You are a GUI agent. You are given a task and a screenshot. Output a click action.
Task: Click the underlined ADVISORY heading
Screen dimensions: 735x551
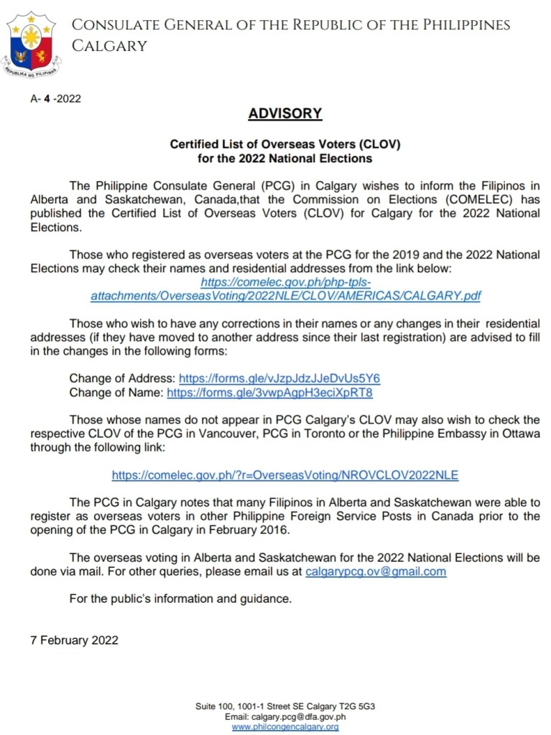[285, 113]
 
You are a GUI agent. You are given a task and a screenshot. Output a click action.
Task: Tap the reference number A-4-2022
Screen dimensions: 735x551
[55, 99]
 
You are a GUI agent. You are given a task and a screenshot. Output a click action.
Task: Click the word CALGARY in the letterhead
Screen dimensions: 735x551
[109, 46]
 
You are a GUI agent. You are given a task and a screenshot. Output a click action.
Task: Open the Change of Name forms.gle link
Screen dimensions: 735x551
[269, 393]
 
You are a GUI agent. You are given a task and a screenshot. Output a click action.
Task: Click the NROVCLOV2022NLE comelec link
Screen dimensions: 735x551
[284, 475]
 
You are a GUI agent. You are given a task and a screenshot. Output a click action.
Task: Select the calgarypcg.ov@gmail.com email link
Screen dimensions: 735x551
[376, 571]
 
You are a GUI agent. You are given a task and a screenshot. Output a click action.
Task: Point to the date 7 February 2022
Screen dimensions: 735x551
[74, 640]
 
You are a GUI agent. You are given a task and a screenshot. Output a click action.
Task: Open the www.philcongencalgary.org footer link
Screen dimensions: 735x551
[285, 726]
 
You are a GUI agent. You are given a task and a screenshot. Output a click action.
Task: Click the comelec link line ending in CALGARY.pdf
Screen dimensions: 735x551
[285, 295]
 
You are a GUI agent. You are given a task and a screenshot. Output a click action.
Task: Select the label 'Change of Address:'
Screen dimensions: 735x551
[122, 378]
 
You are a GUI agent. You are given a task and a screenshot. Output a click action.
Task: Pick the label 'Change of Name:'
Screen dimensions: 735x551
[116, 393]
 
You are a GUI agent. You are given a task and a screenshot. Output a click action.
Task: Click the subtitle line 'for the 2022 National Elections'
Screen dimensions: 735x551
[285, 157]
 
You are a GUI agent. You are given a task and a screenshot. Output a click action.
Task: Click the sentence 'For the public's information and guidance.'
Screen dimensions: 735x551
[180, 599]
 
